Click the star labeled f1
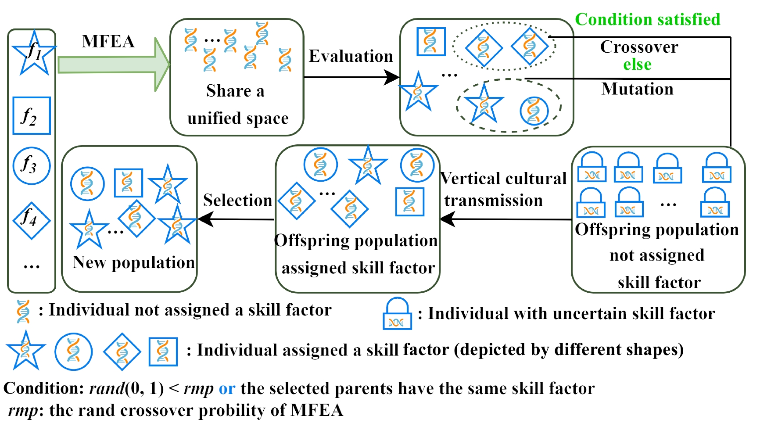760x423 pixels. [x=34, y=53]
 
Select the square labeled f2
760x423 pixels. [x=32, y=116]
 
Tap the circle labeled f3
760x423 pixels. [x=32, y=165]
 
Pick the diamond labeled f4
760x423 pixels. [x=32, y=220]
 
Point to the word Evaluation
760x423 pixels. [x=351, y=56]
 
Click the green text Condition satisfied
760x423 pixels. [x=647, y=19]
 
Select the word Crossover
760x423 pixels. [x=639, y=47]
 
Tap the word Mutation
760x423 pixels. [x=637, y=89]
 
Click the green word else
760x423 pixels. [x=637, y=65]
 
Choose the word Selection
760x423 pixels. [x=237, y=200]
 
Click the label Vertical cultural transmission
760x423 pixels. [x=503, y=190]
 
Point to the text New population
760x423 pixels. [x=133, y=262]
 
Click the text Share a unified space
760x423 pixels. [x=237, y=104]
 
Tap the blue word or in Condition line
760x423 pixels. [x=227, y=388]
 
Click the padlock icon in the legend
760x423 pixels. [x=397, y=314]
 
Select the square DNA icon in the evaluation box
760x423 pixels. [x=431, y=42]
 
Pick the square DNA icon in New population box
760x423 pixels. [x=128, y=183]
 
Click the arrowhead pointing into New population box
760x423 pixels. [x=205, y=219]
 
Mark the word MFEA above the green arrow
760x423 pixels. [x=108, y=42]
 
